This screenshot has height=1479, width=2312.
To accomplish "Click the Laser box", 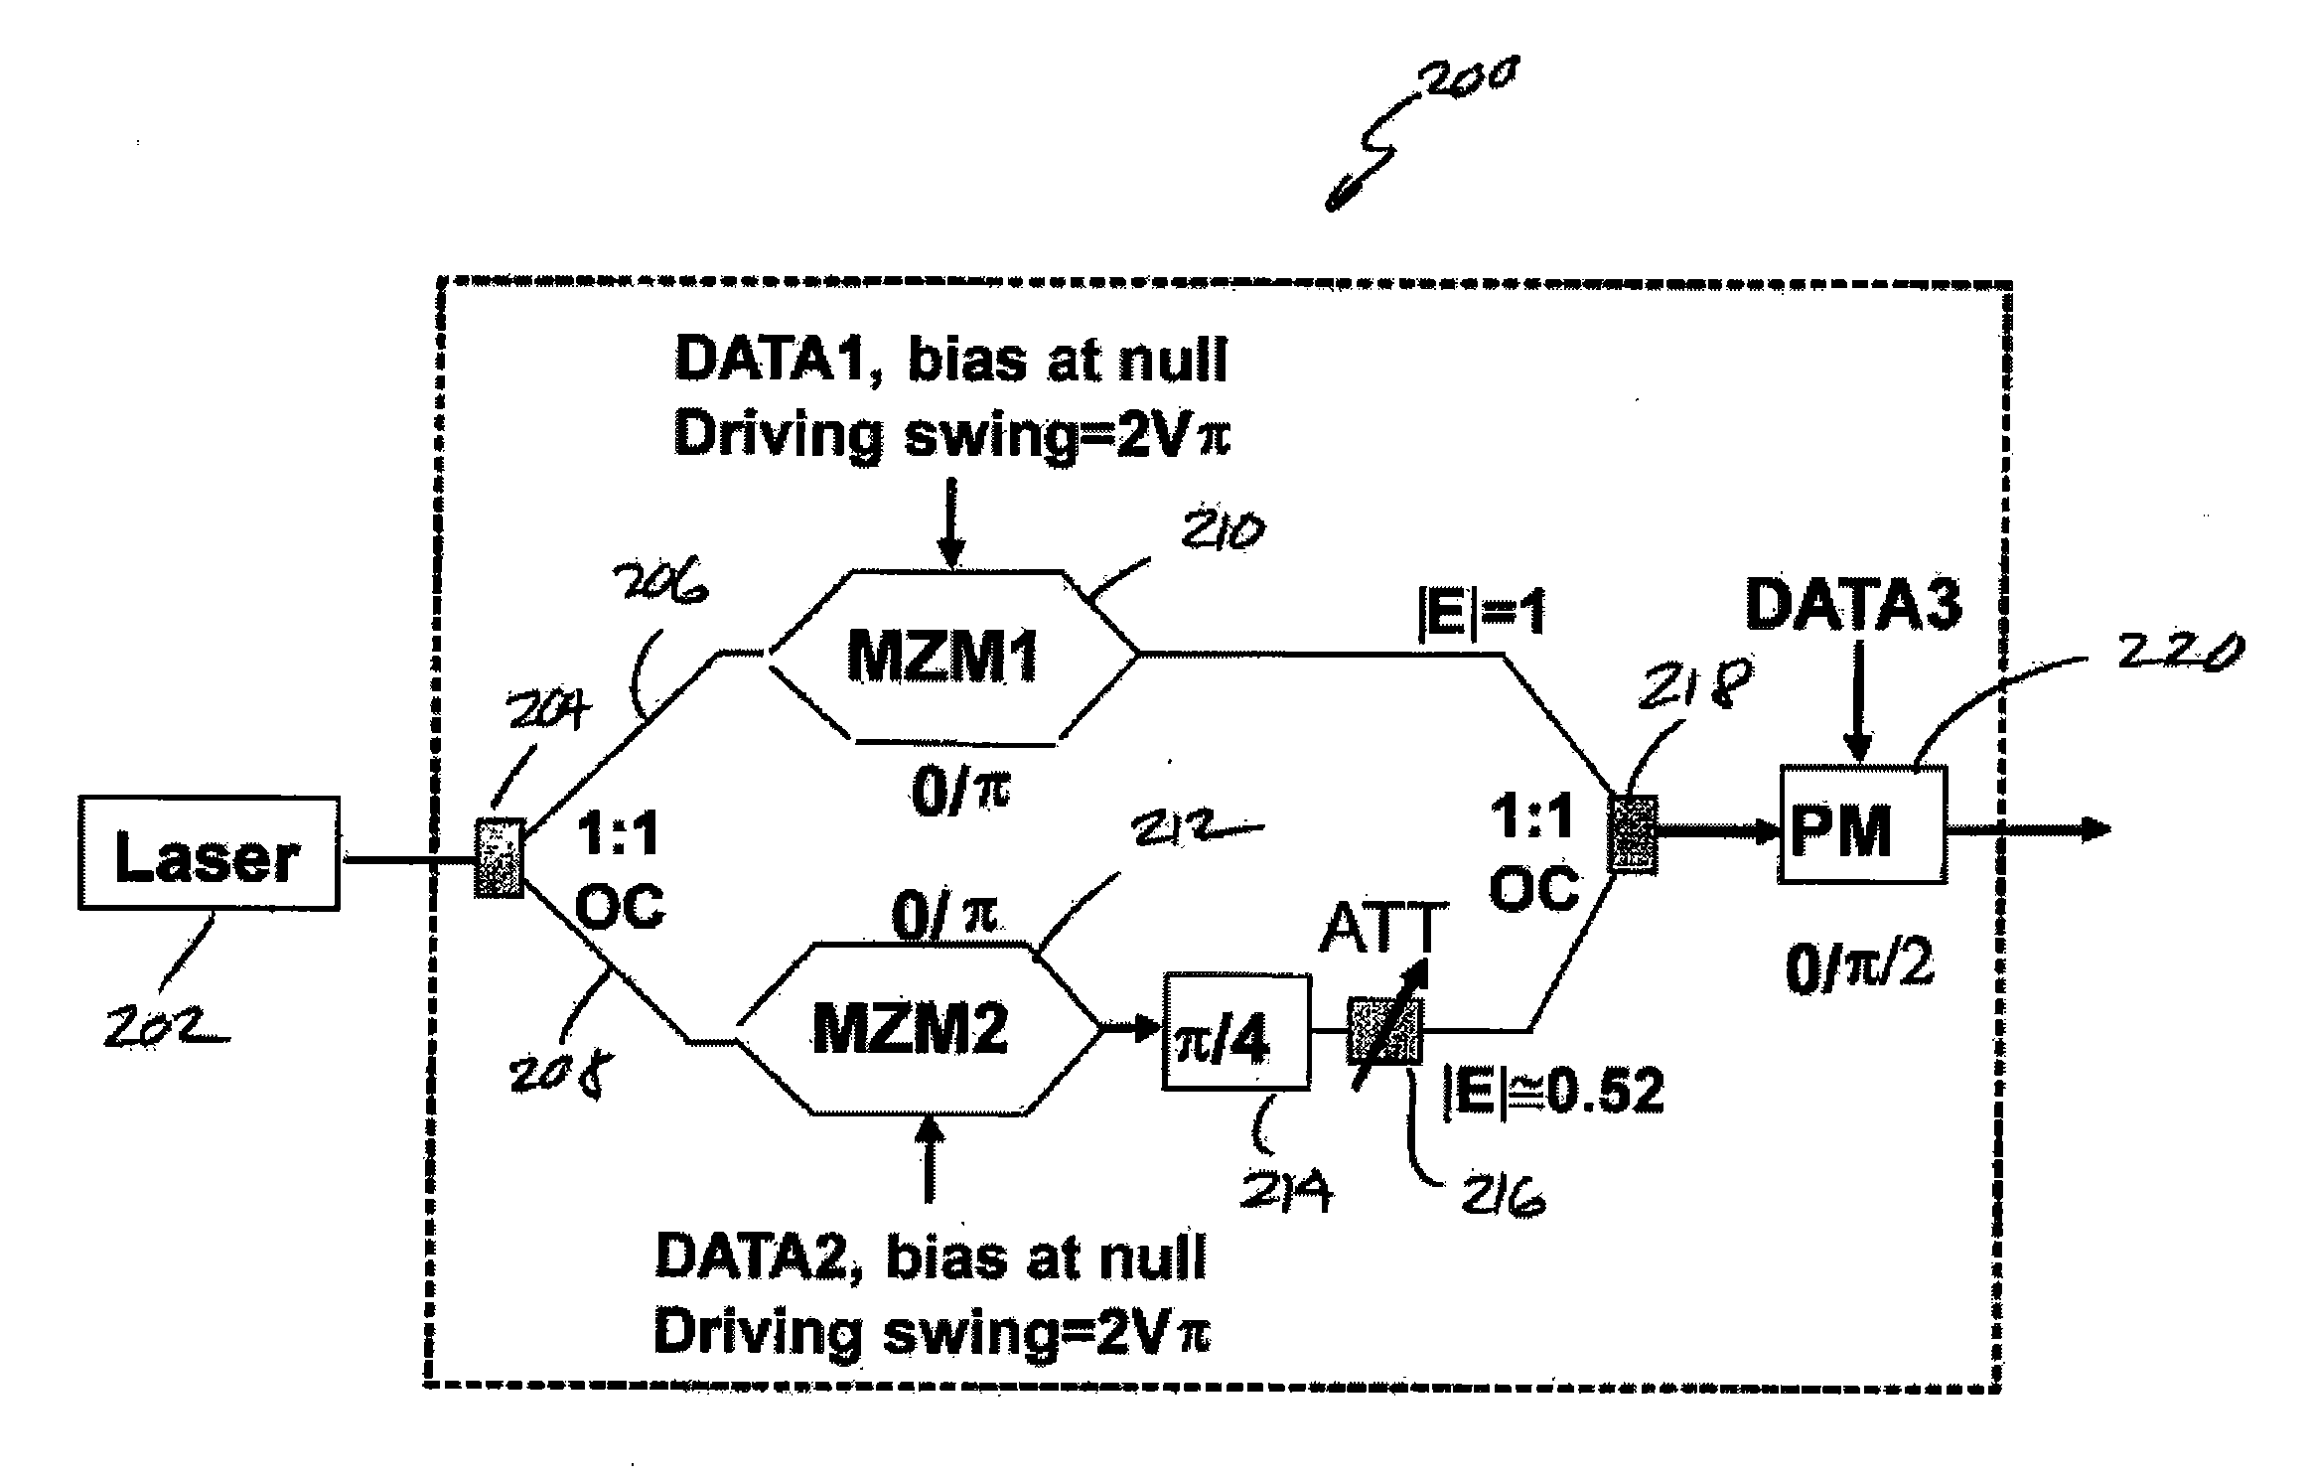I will (209, 853).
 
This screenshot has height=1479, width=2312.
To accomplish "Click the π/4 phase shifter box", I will (1235, 1033).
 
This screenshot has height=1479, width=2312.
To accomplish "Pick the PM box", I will (1861, 825).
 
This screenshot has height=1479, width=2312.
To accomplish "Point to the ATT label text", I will (1380, 931).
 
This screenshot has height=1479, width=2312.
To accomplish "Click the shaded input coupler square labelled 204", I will (499, 857).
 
